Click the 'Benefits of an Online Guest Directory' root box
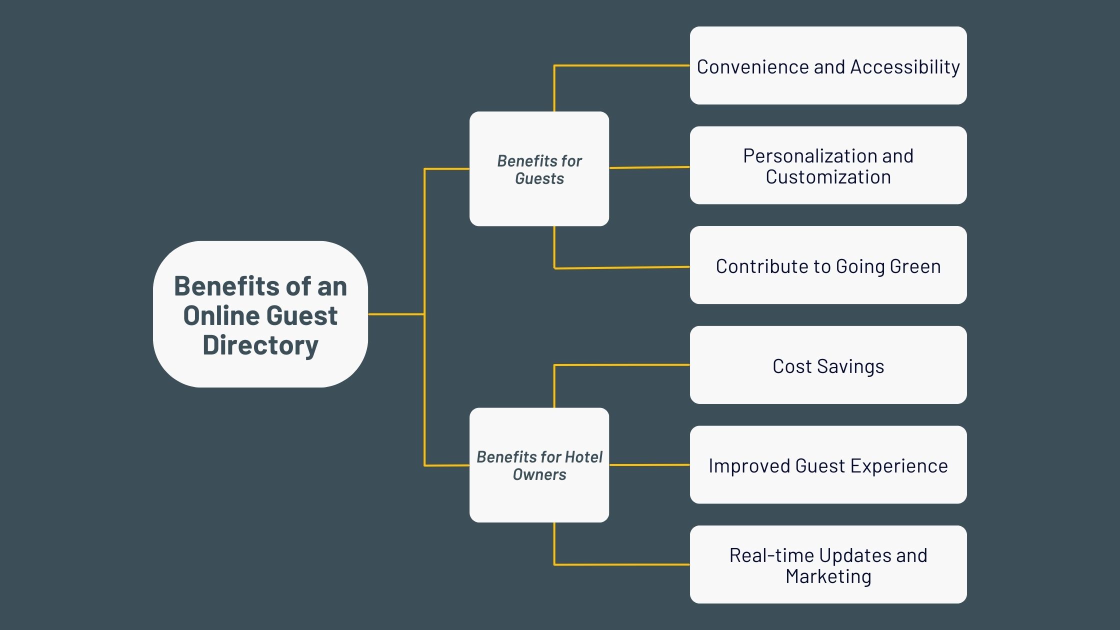pos(260,314)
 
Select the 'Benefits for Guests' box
pos(539,169)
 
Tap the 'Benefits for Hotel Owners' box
pos(539,465)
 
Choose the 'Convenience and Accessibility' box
pos(828,65)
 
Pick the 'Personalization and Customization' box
pos(828,165)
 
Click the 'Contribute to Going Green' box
pos(828,265)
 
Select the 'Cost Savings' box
pos(828,365)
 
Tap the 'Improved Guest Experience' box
pos(828,465)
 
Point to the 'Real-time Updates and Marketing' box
pos(828,564)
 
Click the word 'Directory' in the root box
pos(260,345)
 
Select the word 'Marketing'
pos(828,576)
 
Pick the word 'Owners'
pos(539,474)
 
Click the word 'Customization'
pos(828,177)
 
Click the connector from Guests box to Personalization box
pos(649,167)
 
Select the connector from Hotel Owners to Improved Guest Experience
pos(649,465)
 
